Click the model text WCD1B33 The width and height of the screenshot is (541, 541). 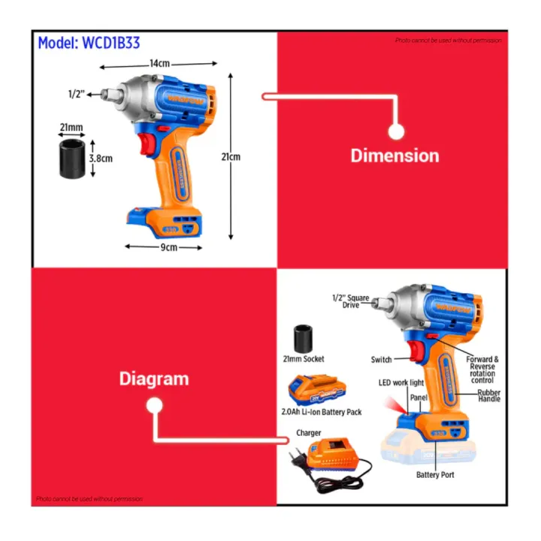[x=89, y=43]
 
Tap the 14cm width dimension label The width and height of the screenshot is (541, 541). [x=159, y=64]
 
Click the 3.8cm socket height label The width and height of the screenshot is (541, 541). [x=101, y=159]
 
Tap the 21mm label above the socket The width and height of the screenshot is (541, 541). [x=72, y=128]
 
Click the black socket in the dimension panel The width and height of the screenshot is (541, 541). [x=73, y=158]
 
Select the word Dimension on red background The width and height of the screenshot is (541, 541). [x=394, y=156]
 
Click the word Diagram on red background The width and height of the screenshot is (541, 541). [x=154, y=379]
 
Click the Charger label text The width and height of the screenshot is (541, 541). [x=309, y=433]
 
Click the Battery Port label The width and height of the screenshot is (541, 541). [x=435, y=475]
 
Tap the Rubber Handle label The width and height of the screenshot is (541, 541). [x=488, y=395]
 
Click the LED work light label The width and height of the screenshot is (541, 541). [x=400, y=383]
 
